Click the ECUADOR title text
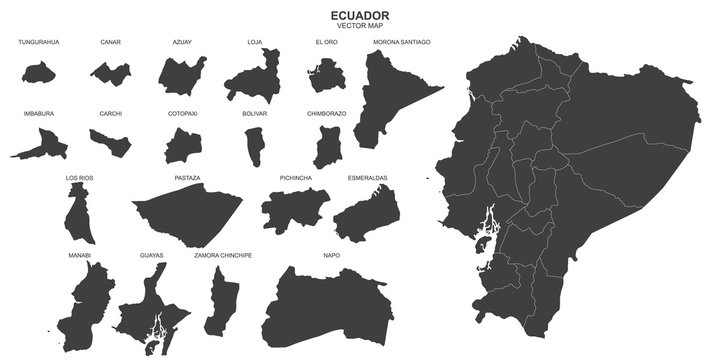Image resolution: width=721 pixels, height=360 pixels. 360,14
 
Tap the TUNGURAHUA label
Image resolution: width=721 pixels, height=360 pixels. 38,42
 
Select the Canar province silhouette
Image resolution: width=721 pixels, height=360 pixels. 110,72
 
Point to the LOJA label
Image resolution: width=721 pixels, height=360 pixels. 255,42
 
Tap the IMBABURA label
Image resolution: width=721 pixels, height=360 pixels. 38,114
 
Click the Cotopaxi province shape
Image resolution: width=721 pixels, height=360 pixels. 183,147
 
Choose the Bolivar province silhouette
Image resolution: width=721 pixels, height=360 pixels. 254,146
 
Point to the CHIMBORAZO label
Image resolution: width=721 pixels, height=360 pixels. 327,114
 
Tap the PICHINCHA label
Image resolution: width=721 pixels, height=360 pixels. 296,178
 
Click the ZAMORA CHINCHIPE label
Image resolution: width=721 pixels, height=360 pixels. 223,256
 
